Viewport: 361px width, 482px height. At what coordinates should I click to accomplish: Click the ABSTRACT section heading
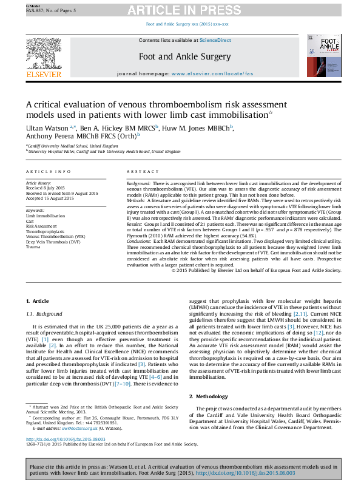143,172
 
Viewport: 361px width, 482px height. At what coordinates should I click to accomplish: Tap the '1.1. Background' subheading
46,313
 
